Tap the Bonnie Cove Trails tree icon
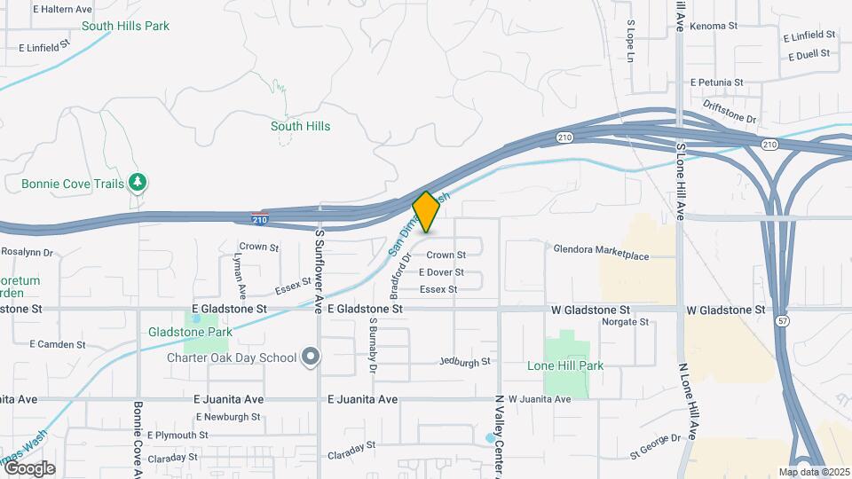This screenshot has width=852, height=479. click(x=137, y=183)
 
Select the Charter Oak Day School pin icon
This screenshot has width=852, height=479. click(x=310, y=357)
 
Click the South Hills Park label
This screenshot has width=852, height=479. click(x=125, y=26)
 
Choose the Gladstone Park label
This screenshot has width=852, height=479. click(x=190, y=332)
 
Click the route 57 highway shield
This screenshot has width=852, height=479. click(x=782, y=318)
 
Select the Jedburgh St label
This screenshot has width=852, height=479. click(x=465, y=362)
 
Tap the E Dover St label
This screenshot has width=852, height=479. click(x=441, y=272)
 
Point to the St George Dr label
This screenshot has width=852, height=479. click(x=655, y=437)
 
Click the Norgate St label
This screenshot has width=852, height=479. click(x=626, y=322)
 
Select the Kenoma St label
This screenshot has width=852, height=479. click(x=713, y=27)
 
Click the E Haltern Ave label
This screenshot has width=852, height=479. click(x=62, y=9)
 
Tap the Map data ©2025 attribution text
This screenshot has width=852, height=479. click(x=814, y=472)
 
